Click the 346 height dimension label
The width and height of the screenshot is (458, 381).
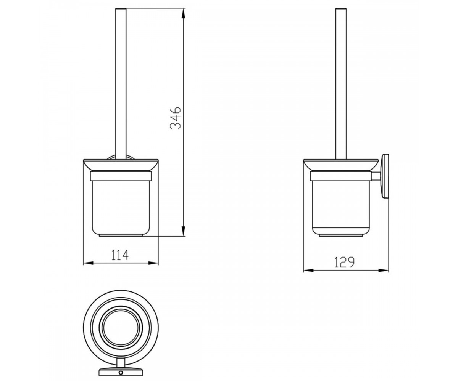(x=176, y=118)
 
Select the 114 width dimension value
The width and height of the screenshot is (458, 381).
(x=120, y=255)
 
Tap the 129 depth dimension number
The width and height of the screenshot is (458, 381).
(x=344, y=263)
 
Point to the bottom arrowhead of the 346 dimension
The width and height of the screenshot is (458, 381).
(x=183, y=231)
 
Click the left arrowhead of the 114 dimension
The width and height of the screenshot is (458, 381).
(x=89, y=263)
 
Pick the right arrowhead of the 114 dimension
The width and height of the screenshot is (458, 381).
(x=153, y=263)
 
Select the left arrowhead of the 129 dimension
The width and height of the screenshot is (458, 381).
(x=309, y=271)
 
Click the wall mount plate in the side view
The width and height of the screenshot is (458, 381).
(x=385, y=176)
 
